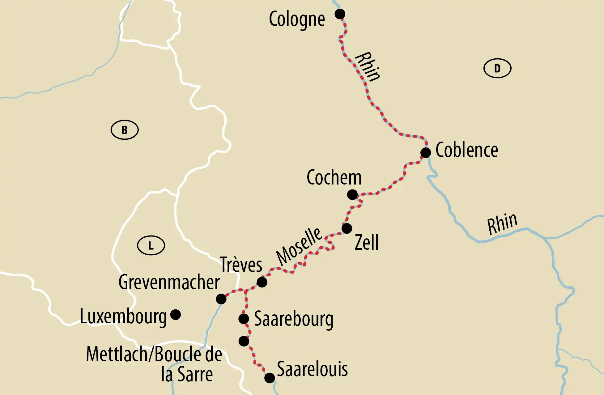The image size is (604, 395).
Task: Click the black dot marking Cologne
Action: pos(340,14)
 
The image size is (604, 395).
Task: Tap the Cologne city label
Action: pos(297,19)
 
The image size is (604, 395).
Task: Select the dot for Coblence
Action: pos(425,152)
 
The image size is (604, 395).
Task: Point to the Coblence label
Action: pos(466,151)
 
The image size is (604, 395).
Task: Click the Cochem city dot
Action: pos(352,194)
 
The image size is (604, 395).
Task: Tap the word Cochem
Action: pos(334,178)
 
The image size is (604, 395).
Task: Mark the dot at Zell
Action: pos(347,228)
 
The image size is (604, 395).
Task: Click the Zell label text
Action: pos(366,242)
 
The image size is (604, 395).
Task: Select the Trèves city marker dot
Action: pos(262,282)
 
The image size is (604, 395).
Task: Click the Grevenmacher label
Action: pos(169,282)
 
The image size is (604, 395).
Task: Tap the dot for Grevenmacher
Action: pos(221,299)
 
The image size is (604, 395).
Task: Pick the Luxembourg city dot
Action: pos(176,315)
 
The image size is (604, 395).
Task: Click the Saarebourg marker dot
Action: pos(244,319)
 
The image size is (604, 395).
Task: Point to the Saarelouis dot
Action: pos(270,378)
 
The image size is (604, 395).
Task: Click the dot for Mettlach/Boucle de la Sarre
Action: pos(244,341)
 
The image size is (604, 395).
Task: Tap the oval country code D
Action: pos(497,68)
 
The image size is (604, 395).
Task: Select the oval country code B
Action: pos(125,130)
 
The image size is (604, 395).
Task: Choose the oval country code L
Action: pos(151,246)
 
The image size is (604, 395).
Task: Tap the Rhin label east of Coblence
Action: pos(502,223)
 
